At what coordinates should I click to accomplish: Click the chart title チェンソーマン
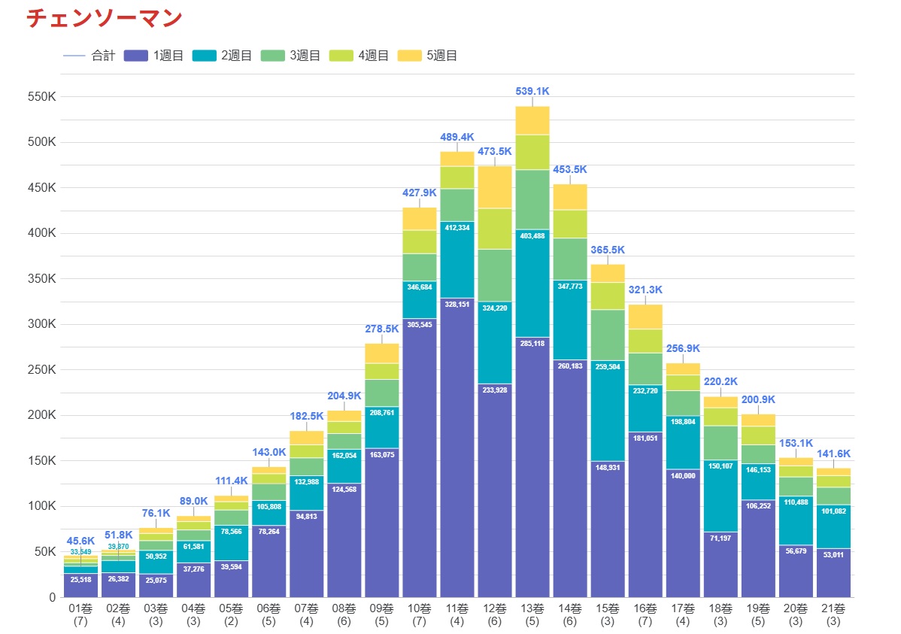(105, 18)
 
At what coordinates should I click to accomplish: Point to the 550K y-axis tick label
(41, 97)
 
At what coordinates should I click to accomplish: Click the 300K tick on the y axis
(41, 324)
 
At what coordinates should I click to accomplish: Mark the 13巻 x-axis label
(532, 608)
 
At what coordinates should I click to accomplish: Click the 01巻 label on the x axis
(80, 608)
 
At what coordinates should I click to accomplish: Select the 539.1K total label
(532, 91)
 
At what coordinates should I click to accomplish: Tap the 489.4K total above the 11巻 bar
(457, 137)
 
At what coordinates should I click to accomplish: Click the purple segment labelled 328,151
(457, 444)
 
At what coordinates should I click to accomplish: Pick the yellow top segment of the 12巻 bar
(495, 187)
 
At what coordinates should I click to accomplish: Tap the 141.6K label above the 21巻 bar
(833, 454)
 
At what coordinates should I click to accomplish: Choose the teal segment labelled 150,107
(720, 496)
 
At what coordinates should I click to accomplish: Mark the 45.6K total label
(80, 541)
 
